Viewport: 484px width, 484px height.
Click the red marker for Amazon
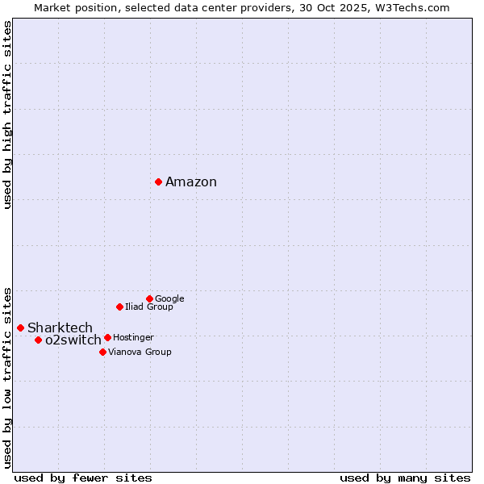pos(158,181)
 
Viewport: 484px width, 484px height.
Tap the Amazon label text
pos(191,182)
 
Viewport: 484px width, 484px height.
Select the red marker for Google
pos(149,298)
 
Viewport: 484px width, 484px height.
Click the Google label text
pos(169,299)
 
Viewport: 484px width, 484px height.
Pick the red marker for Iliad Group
pos(119,307)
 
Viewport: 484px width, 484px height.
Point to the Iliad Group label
pos(149,307)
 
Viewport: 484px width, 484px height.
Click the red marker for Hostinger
pos(107,337)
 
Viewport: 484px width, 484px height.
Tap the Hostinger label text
pos(133,338)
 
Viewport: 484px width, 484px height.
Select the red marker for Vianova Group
pos(102,352)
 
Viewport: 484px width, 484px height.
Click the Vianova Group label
pos(140,353)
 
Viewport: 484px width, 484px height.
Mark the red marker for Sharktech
pos(20,328)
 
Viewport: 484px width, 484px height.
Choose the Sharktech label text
pos(60,328)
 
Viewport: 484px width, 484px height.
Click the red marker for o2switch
pos(38,340)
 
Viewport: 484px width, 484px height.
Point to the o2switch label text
pos(73,340)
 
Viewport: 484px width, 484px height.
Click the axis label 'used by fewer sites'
pos(83,478)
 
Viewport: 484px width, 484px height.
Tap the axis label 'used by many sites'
pos(405,478)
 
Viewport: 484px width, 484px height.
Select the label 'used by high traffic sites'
pos(8,115)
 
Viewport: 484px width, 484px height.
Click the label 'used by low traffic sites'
pos(8,377)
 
